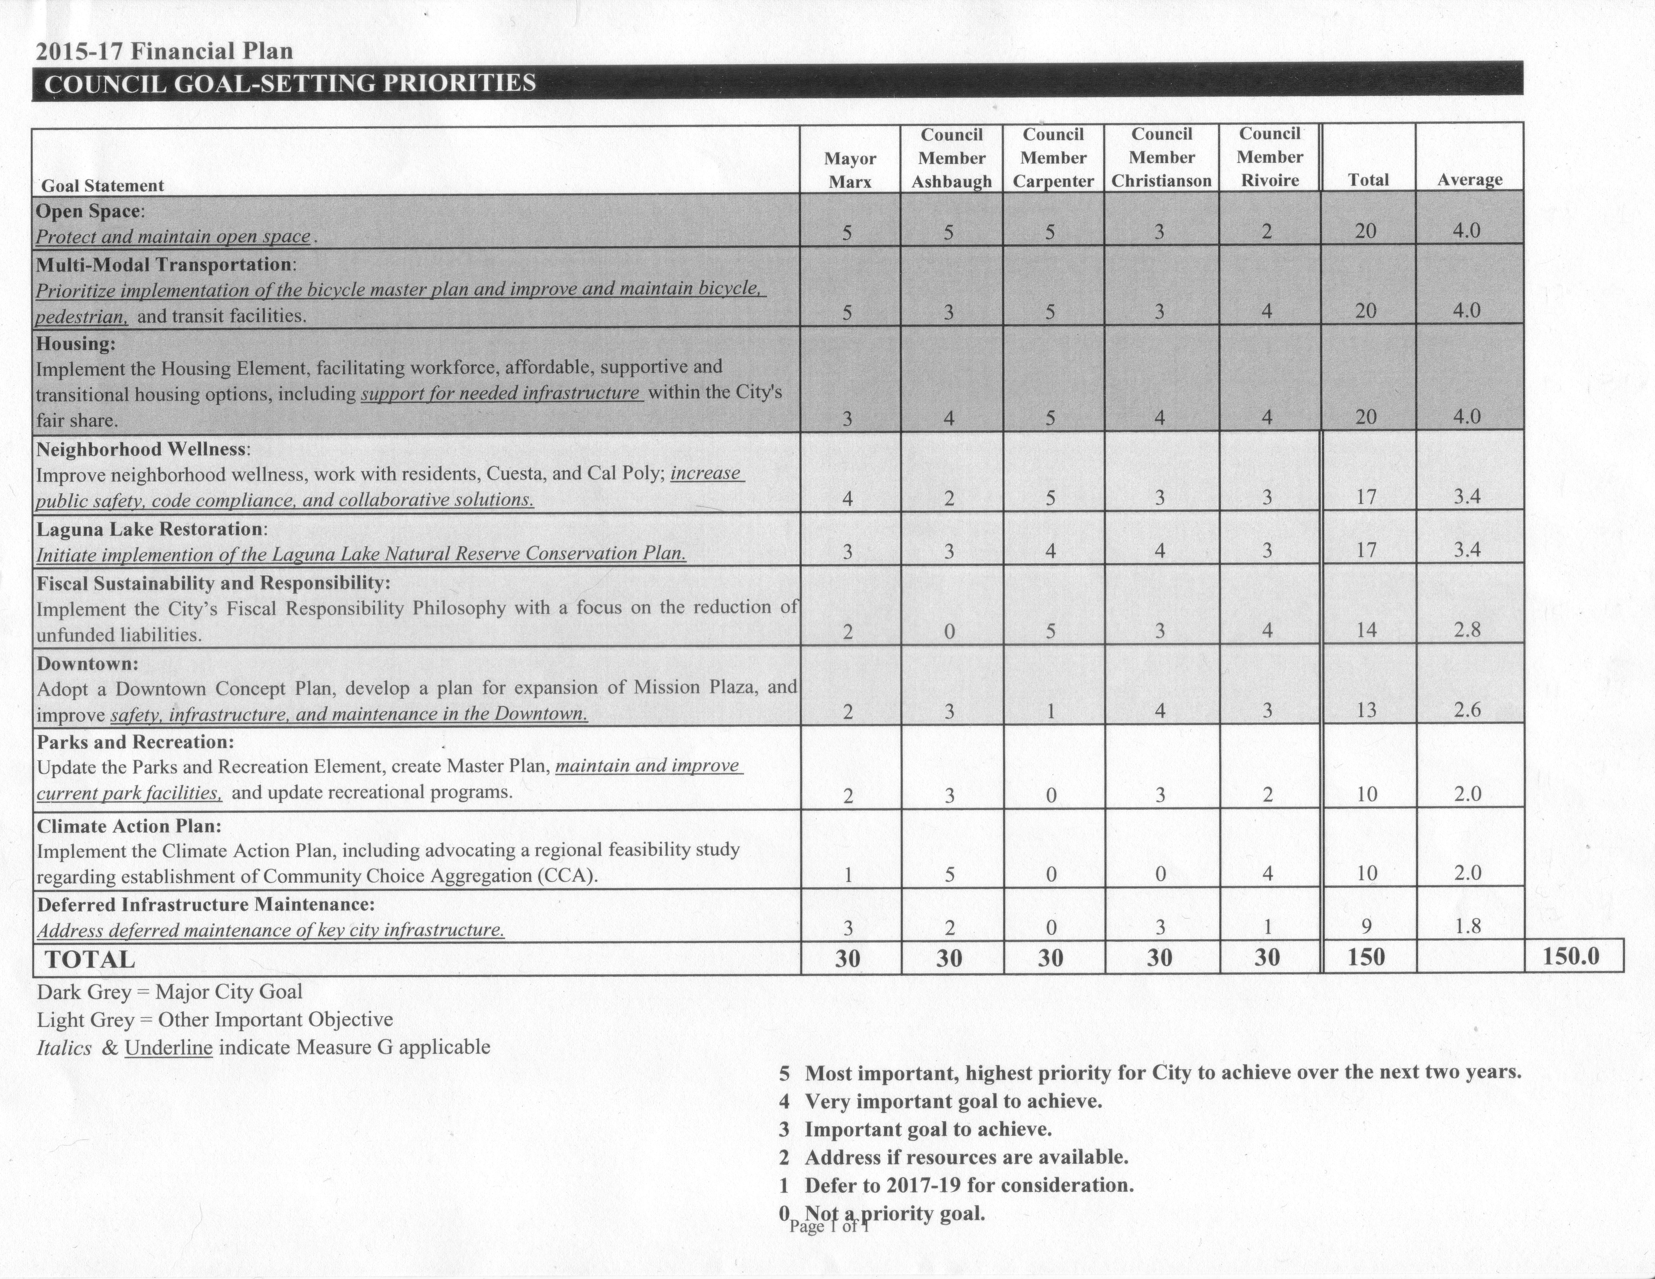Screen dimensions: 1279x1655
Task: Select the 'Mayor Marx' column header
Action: click(850, 170)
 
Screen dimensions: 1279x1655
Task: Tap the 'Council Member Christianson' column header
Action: click(1161, 157)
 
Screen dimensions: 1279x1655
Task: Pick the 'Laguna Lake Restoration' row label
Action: click(151, 529)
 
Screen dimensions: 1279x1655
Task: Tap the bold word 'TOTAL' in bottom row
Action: click(90, 959)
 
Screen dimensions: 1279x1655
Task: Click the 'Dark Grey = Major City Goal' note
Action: click(169, 992)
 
